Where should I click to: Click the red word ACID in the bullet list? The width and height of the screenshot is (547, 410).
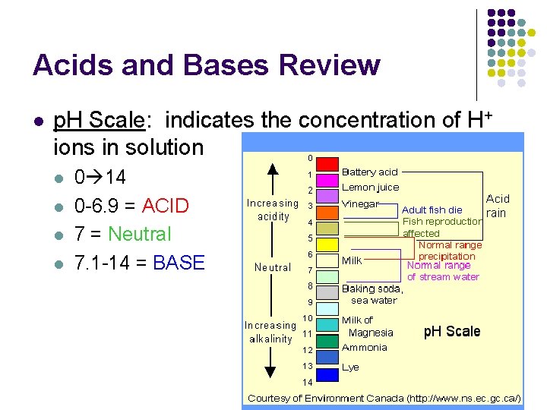(165, 207)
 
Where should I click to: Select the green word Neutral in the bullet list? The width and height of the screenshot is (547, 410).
(140, 235)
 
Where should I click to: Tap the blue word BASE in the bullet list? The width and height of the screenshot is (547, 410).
(179, 263)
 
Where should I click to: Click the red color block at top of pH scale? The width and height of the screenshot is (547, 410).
(327, 164)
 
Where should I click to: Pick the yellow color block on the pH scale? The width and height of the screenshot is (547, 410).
(327, 244)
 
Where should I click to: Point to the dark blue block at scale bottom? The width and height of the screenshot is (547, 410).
(327, 374)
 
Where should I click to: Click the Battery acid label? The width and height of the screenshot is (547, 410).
(369, 172)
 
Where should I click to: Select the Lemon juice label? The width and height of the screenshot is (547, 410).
(370, 187)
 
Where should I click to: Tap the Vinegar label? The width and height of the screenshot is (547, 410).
(361, 204)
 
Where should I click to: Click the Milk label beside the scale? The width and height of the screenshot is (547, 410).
(352, 261)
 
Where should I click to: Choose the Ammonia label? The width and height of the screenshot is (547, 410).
(364, 347)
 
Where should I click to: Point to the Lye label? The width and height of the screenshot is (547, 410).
(350, 367)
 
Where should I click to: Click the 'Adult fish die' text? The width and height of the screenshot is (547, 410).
(432, 210)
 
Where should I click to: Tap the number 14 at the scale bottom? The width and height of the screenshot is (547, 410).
(308, 382)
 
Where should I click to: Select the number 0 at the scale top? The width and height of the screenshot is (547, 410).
(310, 158)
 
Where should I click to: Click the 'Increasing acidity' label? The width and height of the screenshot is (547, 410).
(273, 210)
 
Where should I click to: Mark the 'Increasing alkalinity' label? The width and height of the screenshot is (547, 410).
(270, 332)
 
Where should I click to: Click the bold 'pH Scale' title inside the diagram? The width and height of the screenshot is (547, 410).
(451, 331)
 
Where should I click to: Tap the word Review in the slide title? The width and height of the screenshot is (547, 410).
(327, 65)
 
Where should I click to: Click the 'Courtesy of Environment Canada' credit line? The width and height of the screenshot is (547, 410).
(384, 398)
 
